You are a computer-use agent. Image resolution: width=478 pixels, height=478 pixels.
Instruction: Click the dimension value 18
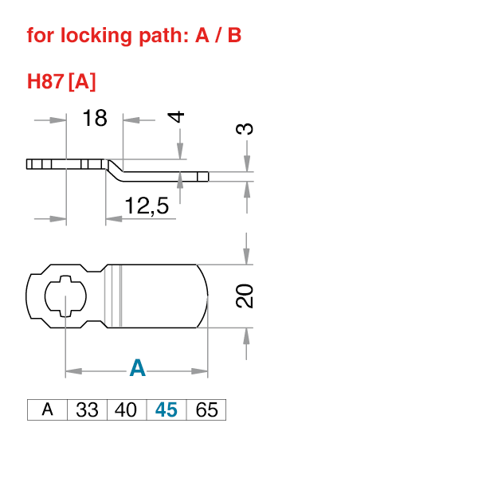95,119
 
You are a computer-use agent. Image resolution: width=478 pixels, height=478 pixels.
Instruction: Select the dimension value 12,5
147,206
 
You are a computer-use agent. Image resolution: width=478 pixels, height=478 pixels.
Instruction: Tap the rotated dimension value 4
178,116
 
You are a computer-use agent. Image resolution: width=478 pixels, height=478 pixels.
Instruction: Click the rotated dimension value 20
245,296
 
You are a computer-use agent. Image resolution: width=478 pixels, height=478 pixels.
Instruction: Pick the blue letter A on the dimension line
138,368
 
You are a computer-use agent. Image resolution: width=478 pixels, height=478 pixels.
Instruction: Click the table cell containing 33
87,410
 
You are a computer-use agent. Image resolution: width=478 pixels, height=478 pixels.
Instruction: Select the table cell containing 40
126,410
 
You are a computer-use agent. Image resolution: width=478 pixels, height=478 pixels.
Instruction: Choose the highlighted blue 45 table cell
166,410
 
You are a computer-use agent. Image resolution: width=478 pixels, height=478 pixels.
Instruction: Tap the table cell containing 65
206,410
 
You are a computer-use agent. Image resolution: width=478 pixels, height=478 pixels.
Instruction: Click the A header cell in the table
48,410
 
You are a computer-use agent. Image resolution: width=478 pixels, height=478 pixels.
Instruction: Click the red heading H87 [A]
61,81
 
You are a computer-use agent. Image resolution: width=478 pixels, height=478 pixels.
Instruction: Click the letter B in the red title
235,36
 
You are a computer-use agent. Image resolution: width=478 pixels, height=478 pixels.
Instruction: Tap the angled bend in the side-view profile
115,167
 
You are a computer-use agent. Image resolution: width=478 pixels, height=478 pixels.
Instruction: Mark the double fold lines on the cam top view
119,296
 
